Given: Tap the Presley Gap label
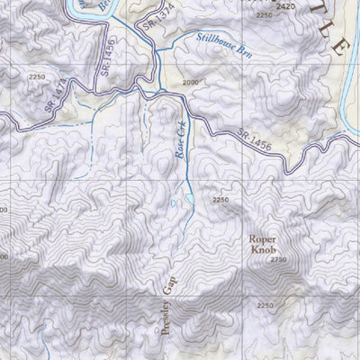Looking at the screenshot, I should point(170,306).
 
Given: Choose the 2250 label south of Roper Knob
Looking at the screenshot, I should point(264,307).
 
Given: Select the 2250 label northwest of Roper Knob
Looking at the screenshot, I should point(220,200).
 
